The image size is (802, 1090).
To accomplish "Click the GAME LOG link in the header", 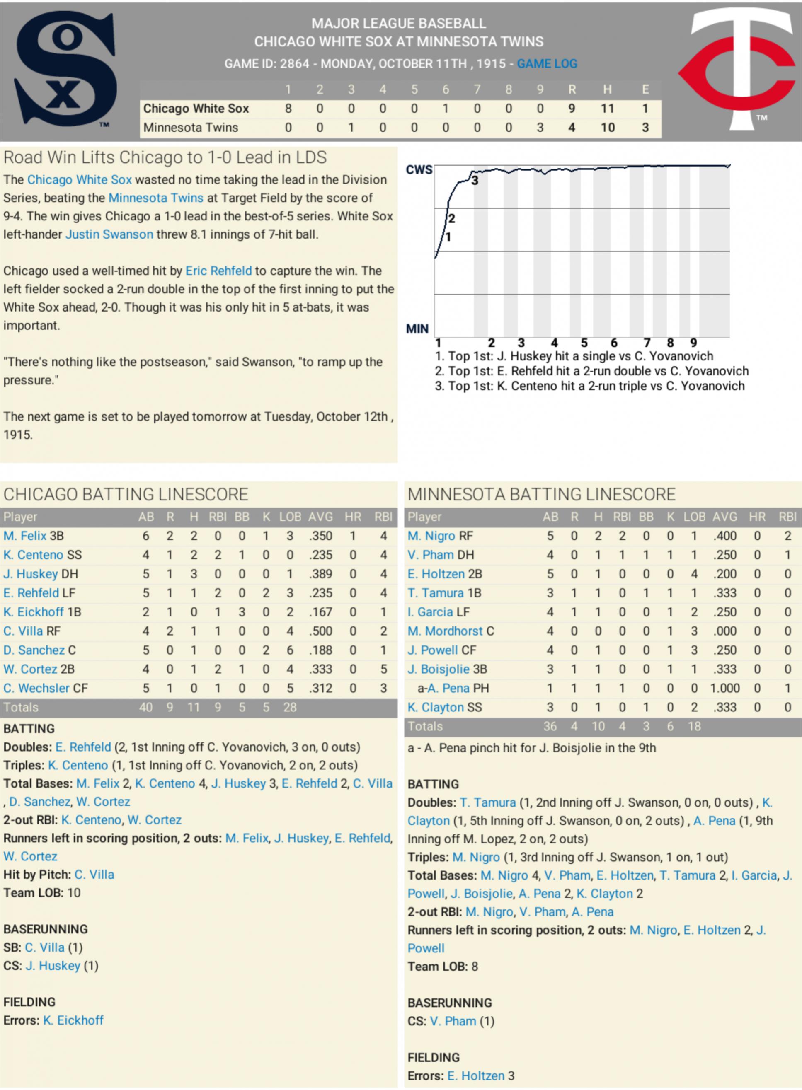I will [x=547, y=63].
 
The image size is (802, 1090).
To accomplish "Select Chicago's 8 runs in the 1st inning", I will [x=288, y=108].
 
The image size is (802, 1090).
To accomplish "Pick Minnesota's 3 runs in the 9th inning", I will [x=540, y=128].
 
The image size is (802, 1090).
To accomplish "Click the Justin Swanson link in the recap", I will [x=109, y=234].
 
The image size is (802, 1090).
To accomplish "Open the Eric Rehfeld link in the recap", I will [x=218, y=271].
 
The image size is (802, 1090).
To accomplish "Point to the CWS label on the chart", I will [x=419, y=169].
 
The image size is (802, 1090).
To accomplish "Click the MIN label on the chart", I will [x=417, y=329].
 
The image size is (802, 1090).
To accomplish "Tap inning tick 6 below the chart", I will [x=614, y=343].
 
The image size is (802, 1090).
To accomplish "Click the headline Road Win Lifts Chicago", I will [x=165, y=157].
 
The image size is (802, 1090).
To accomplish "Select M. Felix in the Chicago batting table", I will [x=25, y=536].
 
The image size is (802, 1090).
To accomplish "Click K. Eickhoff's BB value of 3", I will [x=242, y=612].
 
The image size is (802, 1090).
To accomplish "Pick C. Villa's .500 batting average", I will [x=320, y=631].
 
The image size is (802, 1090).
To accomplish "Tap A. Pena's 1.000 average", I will [x=725, y=688].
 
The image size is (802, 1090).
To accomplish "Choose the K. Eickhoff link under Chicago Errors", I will [x=73, y=1020].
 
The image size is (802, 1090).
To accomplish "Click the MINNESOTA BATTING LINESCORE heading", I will [x=541, y=494].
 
